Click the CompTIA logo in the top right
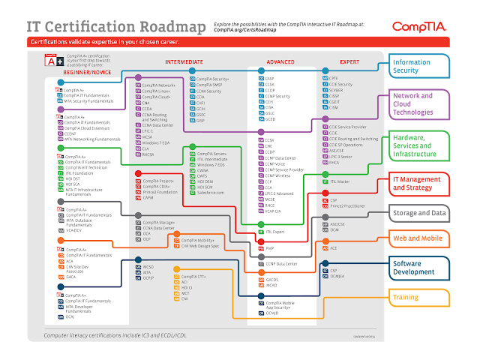click(x=419, y=27)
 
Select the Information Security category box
click(x=419, y=67)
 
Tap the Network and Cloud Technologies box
click(x=419, y=104)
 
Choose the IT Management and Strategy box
click(x=419, y=184)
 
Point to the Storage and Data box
click(x=419, y=213)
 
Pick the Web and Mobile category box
click(x=419, y=238)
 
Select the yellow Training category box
click(x=419, y=298)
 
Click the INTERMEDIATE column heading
click(x=183, y=60)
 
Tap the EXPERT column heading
click(x=349, y=60)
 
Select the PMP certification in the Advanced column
click(x=269, y=247)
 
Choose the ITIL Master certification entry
click(x=339, y=181)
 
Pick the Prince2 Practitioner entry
click(x=346, y=205)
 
